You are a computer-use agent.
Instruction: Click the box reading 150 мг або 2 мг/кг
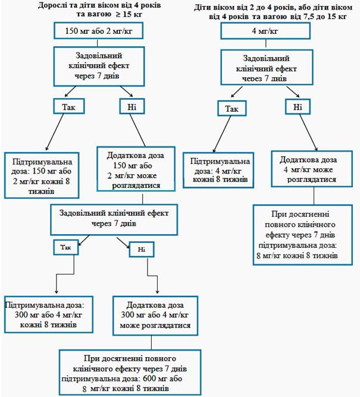point(98,31)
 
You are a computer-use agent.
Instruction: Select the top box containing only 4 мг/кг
point(265,31)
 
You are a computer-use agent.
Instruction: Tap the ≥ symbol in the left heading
point(118,14)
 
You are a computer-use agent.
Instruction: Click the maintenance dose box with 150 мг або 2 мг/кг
point(42,175)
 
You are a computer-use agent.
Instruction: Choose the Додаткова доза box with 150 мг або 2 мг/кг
point(136,169)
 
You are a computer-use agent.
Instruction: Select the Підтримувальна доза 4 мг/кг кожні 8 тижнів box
point(218,170)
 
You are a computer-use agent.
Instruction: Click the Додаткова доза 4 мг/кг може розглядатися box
point(312,169)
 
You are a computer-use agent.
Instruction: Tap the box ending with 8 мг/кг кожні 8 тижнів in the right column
point(303,235)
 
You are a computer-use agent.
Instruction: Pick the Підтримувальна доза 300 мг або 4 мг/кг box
point(49,314)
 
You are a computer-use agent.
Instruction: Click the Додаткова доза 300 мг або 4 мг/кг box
point(155,316)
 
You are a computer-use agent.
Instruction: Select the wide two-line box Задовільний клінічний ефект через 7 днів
point(114,220)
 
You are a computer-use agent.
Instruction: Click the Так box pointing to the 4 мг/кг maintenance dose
point(231,108)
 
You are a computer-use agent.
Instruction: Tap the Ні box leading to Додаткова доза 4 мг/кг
point(298,106)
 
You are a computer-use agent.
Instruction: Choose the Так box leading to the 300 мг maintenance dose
point(66,247)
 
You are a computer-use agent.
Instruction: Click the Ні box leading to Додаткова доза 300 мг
point(142,250)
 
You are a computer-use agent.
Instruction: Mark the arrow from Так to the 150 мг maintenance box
point(55,132)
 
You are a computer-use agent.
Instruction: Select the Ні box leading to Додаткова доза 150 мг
point(132,106)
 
